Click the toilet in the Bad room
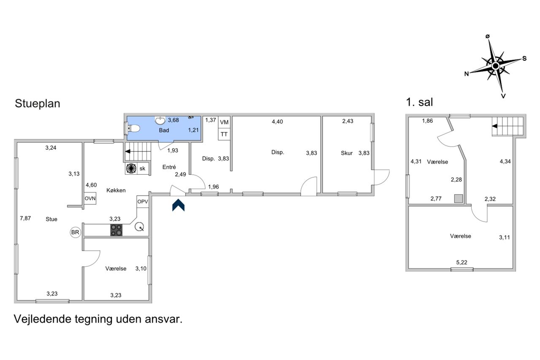pos(134,129)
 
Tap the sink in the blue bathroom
pos(160,120)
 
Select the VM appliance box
pos(224,122)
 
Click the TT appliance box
pos(224,134)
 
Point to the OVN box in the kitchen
pos(90,198)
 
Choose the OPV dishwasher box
pos(143,202)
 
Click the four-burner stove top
pos(116,230)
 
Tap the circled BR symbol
pos(75,232)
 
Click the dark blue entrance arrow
pos(178,205)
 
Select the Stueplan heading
pos(38,103)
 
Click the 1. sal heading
pos(419,102)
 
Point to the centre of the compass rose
pos(496,65)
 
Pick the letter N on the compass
pos(467,74)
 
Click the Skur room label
pos(347,153)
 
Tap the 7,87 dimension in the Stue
pos(25,218)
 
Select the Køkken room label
pos(116,190)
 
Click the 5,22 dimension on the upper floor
pos(462,263)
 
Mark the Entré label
pos(169,167)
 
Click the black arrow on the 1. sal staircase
pos(495,126)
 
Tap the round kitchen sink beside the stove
pos(139,227)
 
